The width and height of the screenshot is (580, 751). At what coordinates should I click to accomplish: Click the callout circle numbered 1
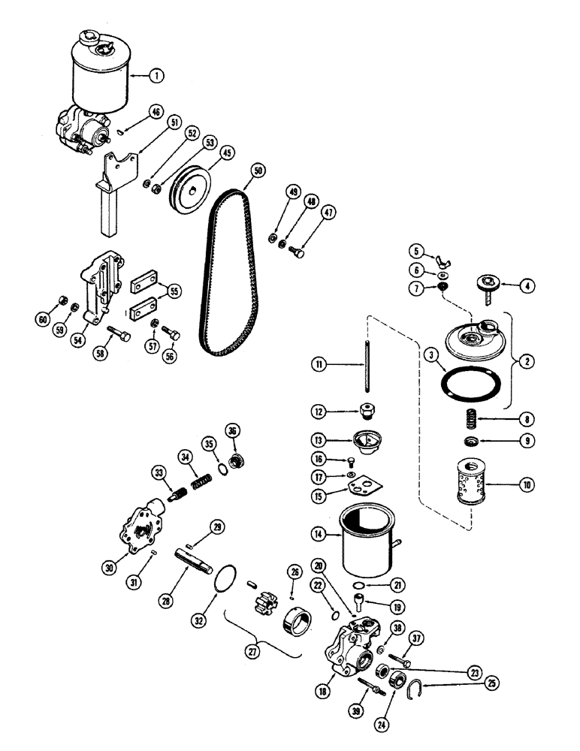156,75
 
